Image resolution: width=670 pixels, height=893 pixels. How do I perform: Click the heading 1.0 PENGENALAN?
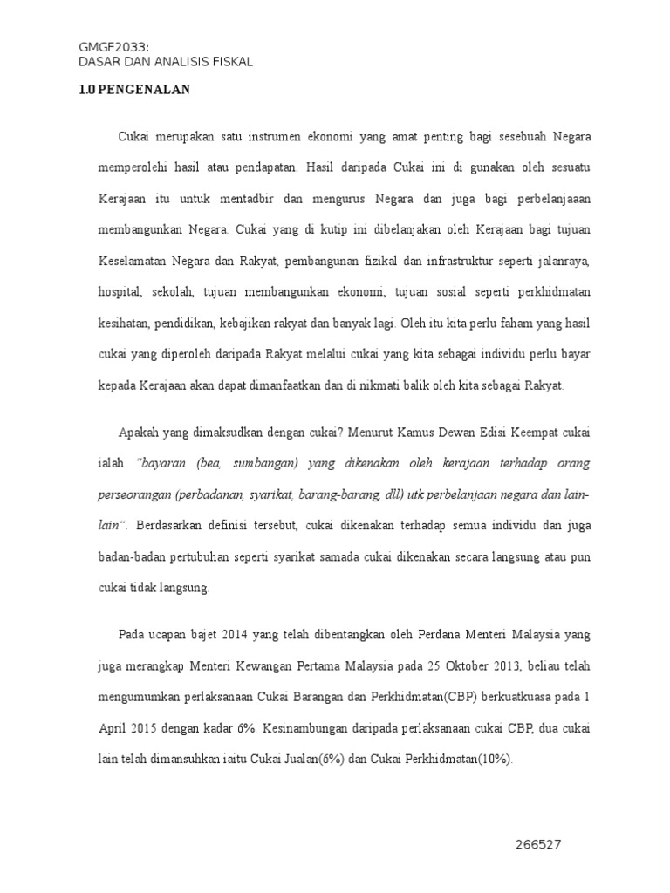coord(134,90)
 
